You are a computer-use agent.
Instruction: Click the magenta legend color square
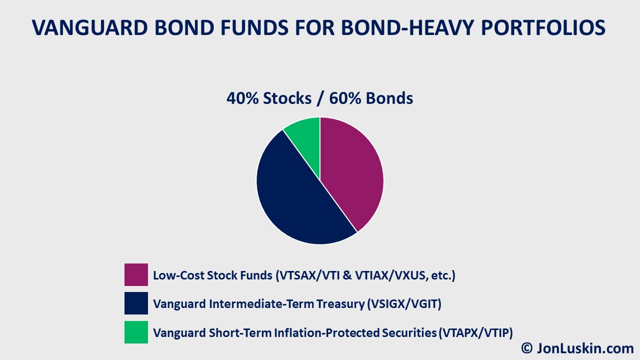[136, 275]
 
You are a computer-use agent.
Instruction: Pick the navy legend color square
[136, 303]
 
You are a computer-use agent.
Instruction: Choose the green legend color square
[136, 332]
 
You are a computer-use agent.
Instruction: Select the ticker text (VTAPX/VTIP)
[475, 332]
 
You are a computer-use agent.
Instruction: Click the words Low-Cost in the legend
[175, 275]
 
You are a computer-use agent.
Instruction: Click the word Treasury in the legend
[340, 304]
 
